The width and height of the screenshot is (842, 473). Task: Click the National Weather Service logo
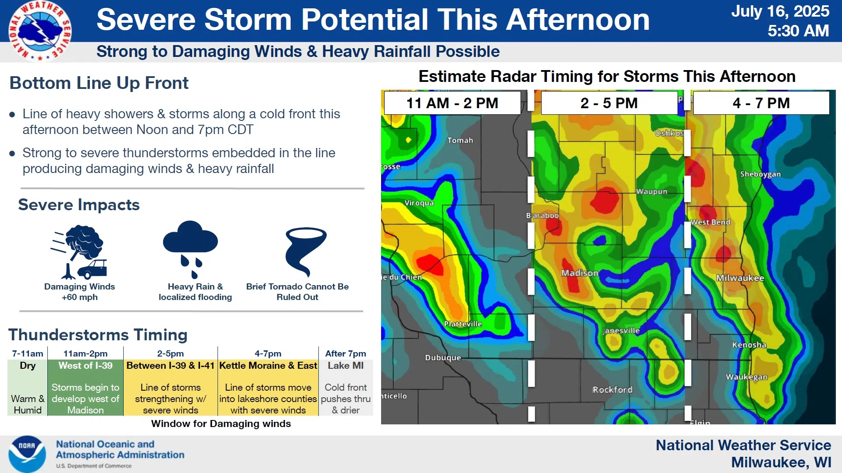pyautogui.click(x=40, y=31)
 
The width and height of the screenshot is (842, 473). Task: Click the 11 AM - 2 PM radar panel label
pyautogui.click(x=452, y=103)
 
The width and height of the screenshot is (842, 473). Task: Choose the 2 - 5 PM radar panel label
pyautogui.click(x=609, y=103)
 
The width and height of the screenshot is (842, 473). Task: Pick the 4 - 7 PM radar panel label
pyautogui.click(x=761, y=103)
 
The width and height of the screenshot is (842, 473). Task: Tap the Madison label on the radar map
pyautogui.click(x=580, y=273)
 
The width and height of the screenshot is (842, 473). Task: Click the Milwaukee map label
pyautogui.click(x=740, y=278)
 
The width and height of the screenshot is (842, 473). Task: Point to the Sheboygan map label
pyautogui.click(x=760, y=174)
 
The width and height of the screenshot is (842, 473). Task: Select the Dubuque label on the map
pyautogui.click(x=443, y=357)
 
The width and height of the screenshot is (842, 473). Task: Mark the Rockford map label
pyautogui.click(x=612, y=389)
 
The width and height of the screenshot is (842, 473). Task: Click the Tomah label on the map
pyautogui.click(x=460, y=140)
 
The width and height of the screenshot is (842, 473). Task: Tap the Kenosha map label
pyautogui.click(x=749, y=345)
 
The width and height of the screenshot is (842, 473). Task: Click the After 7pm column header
pyautogui.click(x=346, y=353)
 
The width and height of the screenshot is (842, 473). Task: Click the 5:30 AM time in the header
pyautogui.click(x=798, y=31)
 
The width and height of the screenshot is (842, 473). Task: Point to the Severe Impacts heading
pyautogui.click(x=79, y=205)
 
